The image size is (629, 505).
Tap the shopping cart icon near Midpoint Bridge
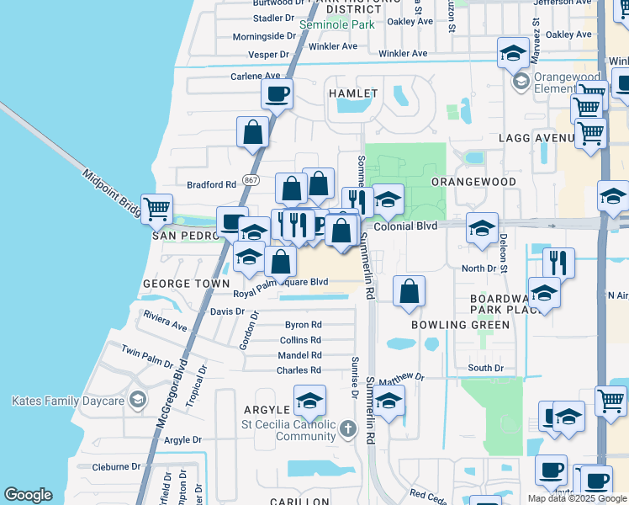coord(156,208)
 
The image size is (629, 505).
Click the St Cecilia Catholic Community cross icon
coord(348,431)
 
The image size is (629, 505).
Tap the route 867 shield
coord(251,180)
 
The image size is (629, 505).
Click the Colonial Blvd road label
coord(405,226)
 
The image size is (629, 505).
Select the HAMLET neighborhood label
coord(349,93)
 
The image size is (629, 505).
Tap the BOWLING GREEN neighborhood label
coord(460,325)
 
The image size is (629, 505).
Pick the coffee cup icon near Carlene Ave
coord(277,94)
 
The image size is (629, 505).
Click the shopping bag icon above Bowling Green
coord(408,292)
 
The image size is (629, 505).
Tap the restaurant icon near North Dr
coord(558,262)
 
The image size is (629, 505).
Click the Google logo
coord(28,495)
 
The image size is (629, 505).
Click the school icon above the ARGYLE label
coord(309,401)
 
